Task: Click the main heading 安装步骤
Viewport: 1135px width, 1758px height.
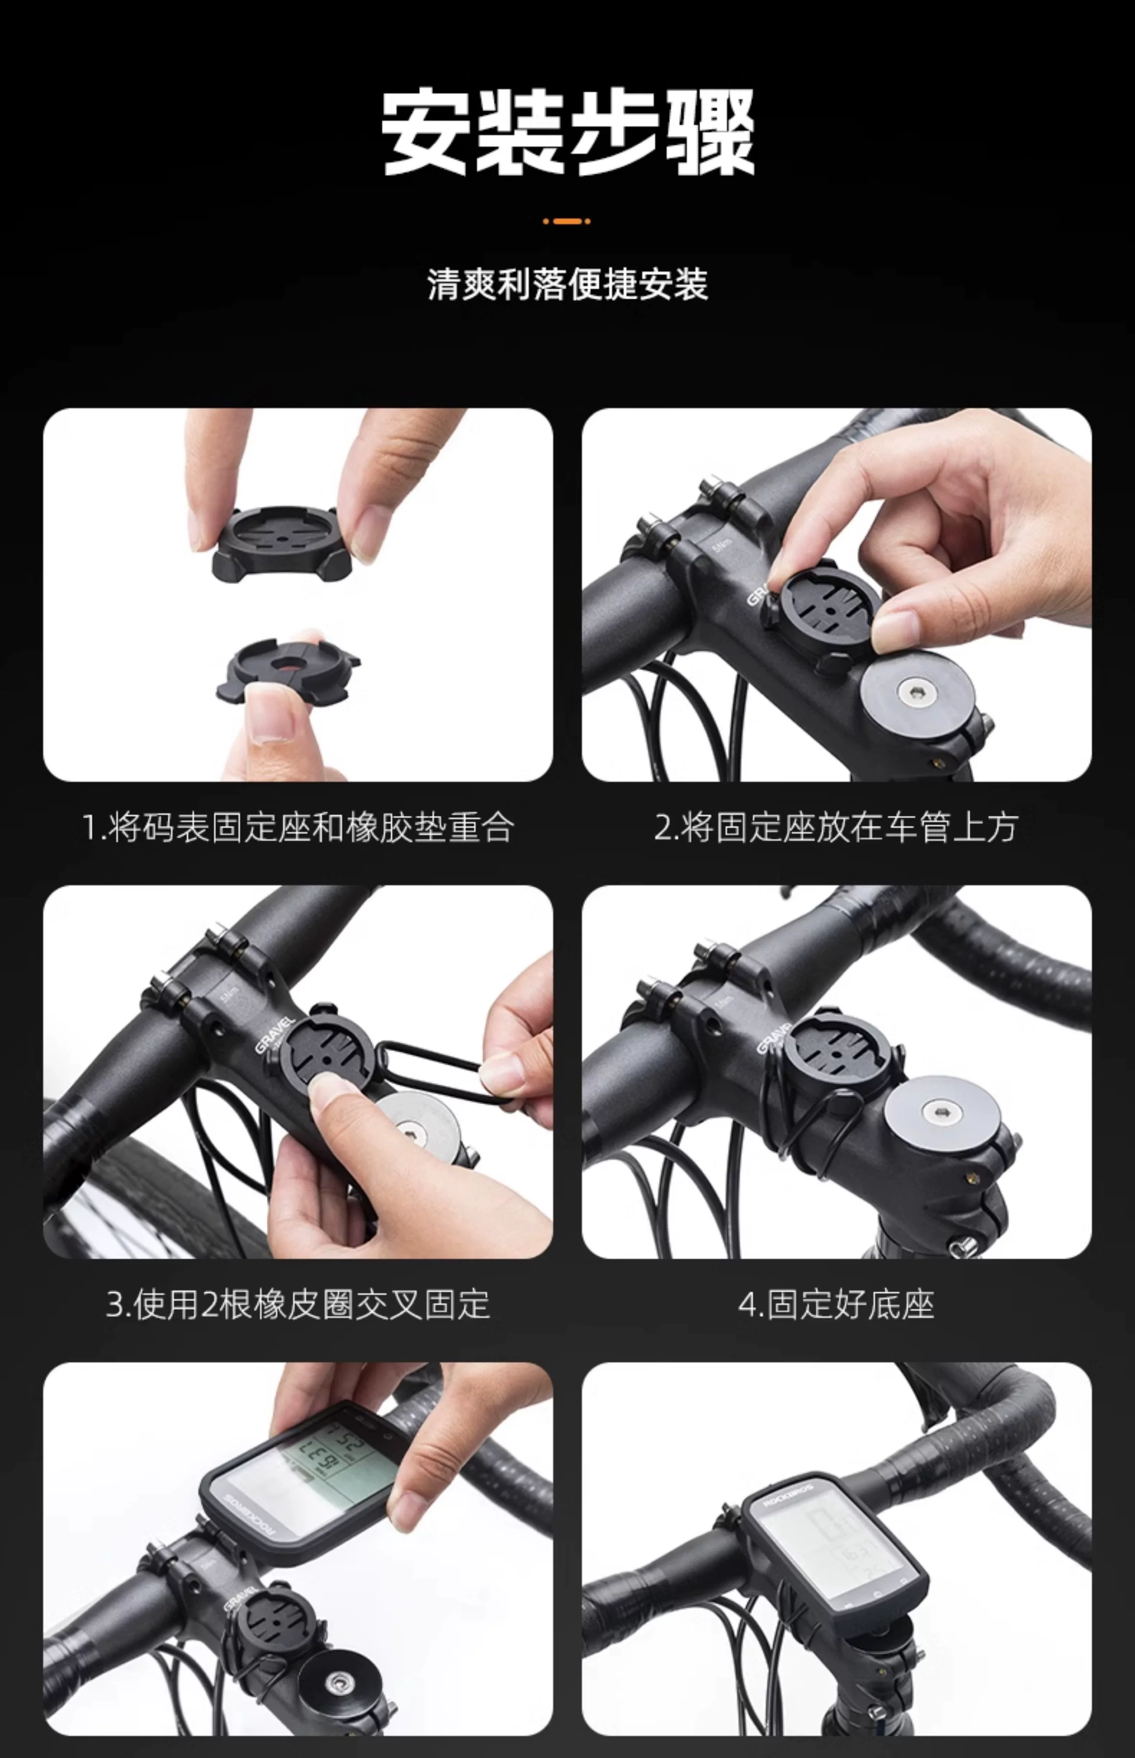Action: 567,133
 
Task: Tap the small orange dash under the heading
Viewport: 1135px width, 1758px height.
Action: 567,220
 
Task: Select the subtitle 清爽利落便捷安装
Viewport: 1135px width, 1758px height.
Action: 567,284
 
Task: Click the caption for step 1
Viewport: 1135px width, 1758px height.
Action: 298,827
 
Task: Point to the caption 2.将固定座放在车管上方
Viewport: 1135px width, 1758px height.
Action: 837,827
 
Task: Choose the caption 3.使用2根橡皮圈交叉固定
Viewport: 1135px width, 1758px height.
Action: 298,1305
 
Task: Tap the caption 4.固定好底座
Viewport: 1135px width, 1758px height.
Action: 837,1305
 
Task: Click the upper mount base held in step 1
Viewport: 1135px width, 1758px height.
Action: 280,542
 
